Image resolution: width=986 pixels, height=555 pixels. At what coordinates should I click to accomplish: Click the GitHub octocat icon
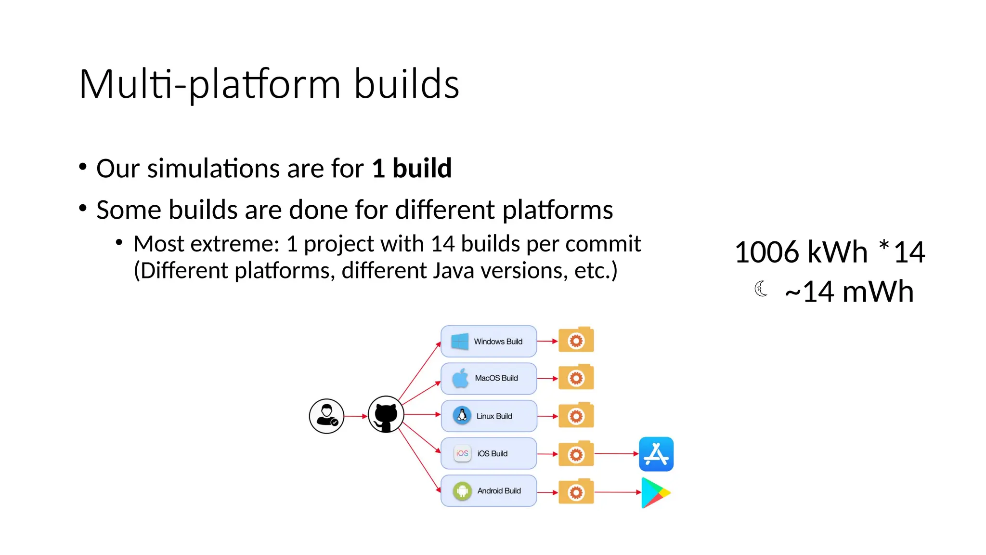[x=386, y=415]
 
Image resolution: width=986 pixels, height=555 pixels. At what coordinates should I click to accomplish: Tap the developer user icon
[x=326, y=416]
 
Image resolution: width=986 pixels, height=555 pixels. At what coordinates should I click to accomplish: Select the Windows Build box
[x=489, y=341]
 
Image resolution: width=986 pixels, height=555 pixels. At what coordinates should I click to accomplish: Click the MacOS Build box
[x=489, y=378]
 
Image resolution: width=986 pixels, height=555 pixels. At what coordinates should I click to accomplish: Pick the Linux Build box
[x=489, y=416]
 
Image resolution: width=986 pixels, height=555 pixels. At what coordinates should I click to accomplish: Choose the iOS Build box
[x=489, y=453]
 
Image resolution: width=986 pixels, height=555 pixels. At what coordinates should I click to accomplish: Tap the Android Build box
[x=489, y=491]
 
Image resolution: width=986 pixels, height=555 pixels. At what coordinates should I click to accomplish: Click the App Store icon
[x=656, y=454]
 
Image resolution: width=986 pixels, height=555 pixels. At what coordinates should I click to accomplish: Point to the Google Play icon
[x=655, y=492]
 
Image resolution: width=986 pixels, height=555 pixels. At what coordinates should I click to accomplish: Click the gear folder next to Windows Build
[x=576, y=340]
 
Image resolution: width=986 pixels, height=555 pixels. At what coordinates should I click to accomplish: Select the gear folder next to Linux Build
[x=576, y=415]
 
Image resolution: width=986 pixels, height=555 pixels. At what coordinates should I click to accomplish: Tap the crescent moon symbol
[x=761, y=289]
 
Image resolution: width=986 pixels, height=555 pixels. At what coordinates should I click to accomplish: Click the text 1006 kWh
[x=801, y=252]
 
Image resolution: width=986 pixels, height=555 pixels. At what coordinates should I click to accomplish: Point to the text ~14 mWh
[x=849, y=291]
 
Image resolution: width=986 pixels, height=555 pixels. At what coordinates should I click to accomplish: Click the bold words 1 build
[x=412, y=168]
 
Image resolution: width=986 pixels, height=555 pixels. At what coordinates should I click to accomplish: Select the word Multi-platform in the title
[x=210, y=84]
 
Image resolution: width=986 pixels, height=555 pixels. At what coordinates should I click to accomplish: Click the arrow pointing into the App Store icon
[x=616, y=454]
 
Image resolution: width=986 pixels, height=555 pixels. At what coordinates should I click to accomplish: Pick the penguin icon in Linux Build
[x=462, y=415]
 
